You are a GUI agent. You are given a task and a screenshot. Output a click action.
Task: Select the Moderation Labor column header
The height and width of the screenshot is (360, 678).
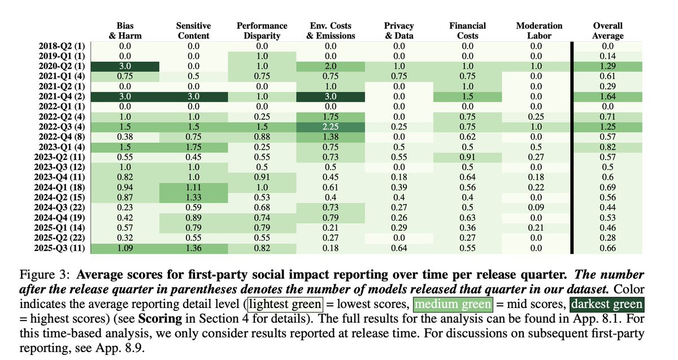(539, 31)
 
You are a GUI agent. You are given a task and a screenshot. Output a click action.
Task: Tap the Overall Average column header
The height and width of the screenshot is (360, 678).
(608, 31)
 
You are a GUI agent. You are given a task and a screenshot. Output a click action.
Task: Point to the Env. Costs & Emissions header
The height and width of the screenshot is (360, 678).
(331, 31)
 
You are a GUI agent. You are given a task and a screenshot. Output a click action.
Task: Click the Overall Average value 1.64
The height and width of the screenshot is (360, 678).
(608, 98)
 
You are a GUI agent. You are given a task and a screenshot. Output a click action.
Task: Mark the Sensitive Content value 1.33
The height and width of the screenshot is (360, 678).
(193, 197)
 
